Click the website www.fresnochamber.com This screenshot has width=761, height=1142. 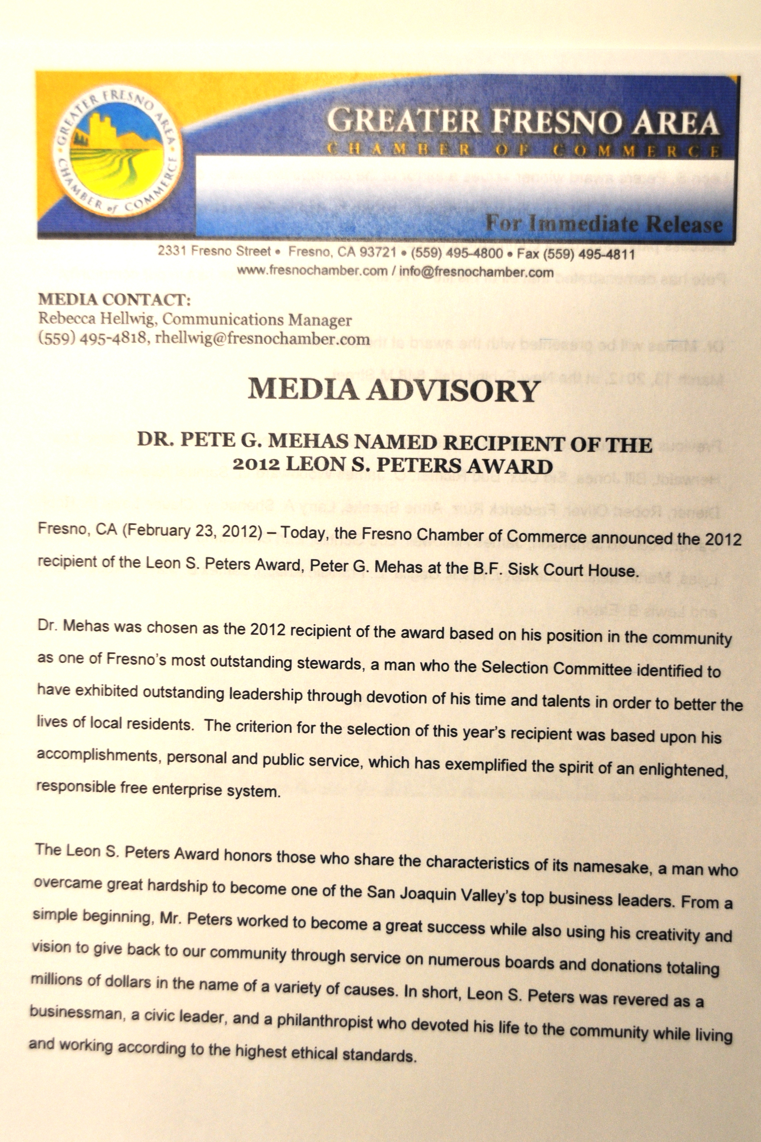click(x=311, y=271)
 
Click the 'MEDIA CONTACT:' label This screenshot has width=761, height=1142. click(x=114, y=299)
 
